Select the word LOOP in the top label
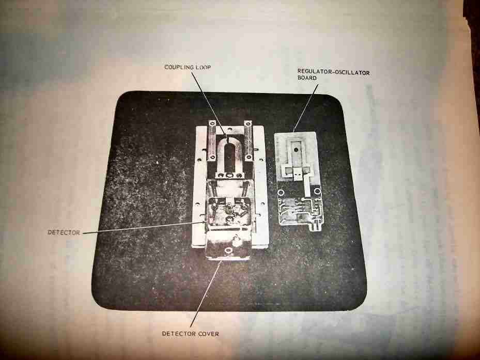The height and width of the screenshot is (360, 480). point(203,67)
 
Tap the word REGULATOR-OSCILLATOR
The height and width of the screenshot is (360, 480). point(334,72)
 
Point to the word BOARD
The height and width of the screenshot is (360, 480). point(307,78)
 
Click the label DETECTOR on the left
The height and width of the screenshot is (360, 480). point(64,232)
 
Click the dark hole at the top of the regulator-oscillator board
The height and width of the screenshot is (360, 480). point(296,150)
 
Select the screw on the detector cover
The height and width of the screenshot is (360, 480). point(228,251)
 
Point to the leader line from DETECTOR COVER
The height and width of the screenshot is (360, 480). point(206,294)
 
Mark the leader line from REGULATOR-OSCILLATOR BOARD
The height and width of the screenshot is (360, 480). point(306,108)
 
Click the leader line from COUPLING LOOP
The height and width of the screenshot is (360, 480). point(209,104)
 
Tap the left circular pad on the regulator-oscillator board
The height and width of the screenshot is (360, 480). point(281,193)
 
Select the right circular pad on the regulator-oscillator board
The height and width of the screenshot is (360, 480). point(317,191)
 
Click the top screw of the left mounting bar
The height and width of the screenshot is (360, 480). point(212,123)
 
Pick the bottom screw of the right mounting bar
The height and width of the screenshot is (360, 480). point(249,158)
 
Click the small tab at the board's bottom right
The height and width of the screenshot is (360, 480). point(315,227)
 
